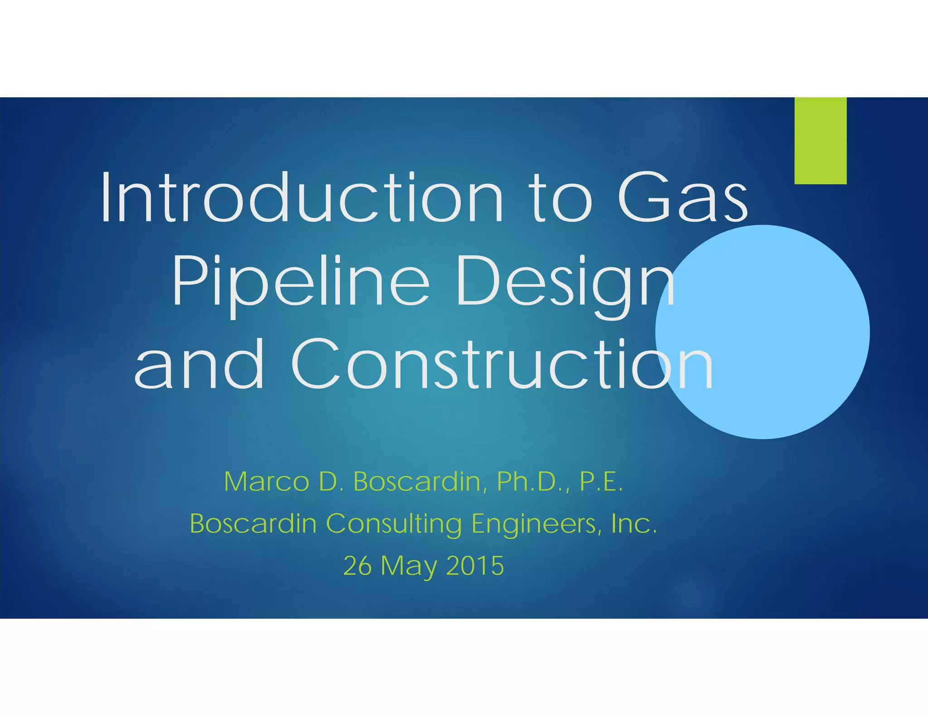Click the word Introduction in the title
[x=301, y=198]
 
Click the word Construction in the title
[x=502, y=364]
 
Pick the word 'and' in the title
[x=199, y=364]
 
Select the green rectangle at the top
[x=820, y=140]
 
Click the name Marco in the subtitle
[x=266, y=482]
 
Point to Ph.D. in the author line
[x=533, y=482]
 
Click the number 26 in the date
[x=357, y=566]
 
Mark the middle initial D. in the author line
[x=329, y=482]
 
